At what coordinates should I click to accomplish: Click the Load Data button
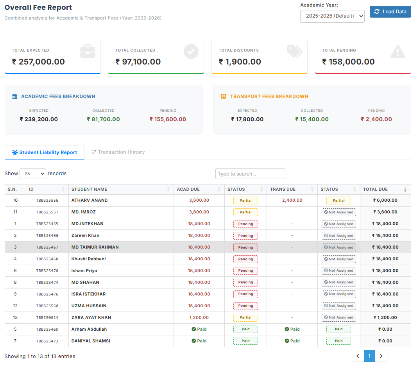point(390,12)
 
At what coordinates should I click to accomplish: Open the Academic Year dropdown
point(332,16)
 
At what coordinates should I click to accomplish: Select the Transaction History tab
point(118,152)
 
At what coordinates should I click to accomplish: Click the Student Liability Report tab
point(45,152)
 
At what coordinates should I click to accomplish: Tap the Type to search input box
point(250,174)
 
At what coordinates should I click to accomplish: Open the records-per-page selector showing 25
point(33,174)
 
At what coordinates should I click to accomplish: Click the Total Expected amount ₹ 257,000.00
point(38,62)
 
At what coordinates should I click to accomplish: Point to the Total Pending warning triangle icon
point(398,52)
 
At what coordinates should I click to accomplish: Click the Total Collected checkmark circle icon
point(191,52)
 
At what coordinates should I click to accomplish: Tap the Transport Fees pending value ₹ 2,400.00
point(376,120)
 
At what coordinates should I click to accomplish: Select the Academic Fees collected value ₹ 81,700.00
point(103,120)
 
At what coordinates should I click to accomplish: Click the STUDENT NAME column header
point(90,190)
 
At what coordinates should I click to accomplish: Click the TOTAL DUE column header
point(375,190)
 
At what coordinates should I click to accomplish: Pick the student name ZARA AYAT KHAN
point(91,317)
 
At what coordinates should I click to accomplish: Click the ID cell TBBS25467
point(47,247)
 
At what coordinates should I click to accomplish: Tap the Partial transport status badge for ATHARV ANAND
point(338,201)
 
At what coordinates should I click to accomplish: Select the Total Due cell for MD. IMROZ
point(385,212)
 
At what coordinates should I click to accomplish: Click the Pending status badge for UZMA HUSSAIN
point(245,306)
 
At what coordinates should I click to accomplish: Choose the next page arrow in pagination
point(381,356)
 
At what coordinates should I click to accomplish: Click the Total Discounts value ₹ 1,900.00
point(240,62)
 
